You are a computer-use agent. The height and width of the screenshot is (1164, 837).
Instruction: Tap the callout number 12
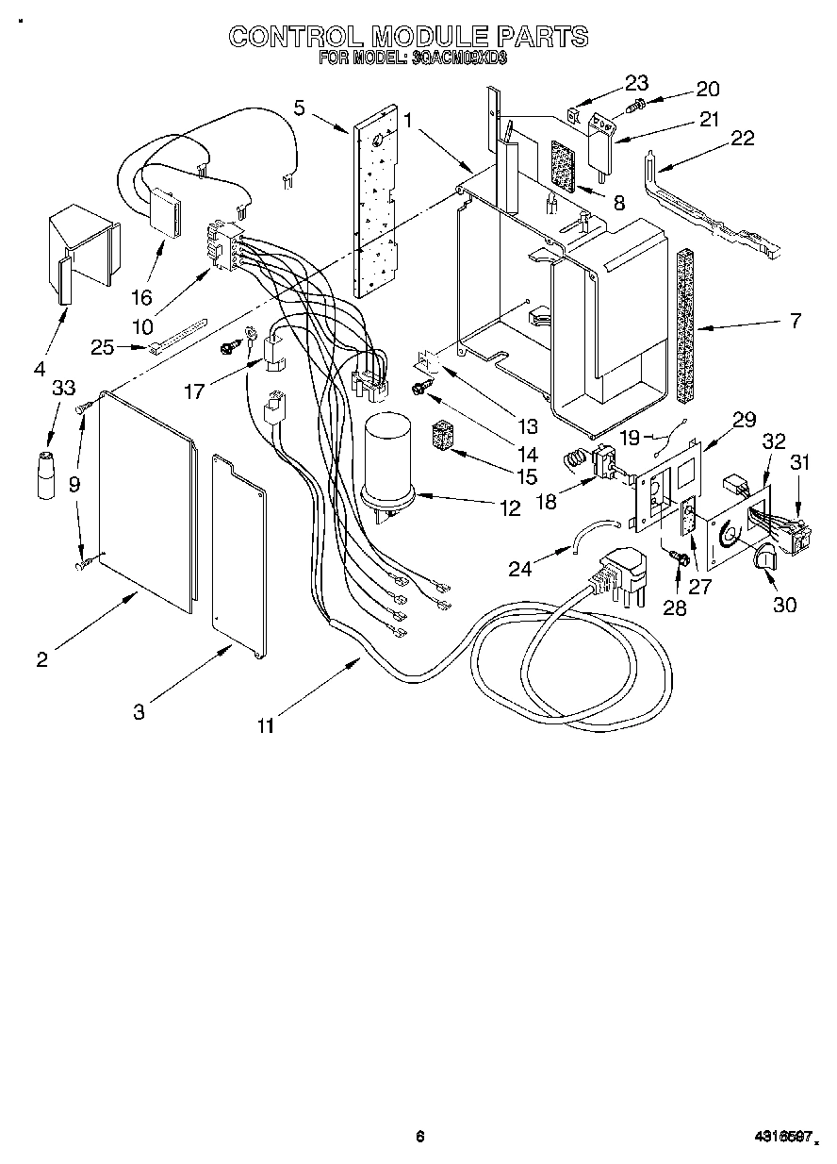tap(510, 507)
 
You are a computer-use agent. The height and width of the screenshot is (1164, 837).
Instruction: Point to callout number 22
tap(743, 138)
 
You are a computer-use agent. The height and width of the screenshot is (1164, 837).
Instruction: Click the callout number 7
tap(795, 322)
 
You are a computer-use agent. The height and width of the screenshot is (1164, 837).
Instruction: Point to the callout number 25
tap(103, 347)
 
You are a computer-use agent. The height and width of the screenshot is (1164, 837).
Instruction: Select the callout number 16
tap(141, 297)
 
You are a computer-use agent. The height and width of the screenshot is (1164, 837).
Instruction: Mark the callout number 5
tap(299, 108)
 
